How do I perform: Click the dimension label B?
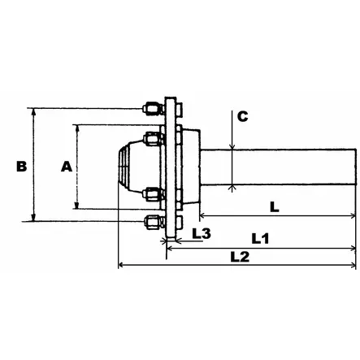tap(22, 166)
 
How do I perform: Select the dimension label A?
tap(67, 166)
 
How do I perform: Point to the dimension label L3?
tap(202, 234)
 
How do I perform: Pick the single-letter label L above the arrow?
tap(275, 206)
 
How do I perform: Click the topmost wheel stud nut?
tap(150, 108)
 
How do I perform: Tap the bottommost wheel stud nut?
tap(150, 222)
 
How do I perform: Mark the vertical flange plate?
tap(171, 167)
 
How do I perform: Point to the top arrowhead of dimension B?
tap(33, 110)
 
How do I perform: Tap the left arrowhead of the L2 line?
tap(122, 265)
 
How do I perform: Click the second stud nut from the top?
tap(150, 137)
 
